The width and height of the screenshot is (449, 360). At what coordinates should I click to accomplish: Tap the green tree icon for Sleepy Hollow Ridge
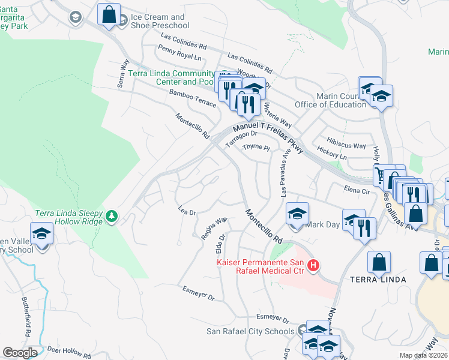112,216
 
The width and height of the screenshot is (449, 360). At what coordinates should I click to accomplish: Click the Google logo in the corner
20,353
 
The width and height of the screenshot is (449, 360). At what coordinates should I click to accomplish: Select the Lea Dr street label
188,212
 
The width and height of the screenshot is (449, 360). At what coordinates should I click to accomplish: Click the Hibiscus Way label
351,146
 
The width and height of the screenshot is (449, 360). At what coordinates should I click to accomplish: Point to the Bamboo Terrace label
192,100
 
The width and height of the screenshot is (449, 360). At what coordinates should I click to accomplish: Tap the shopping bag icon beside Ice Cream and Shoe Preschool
109,15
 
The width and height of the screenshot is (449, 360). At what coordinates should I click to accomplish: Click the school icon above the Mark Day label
297,213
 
